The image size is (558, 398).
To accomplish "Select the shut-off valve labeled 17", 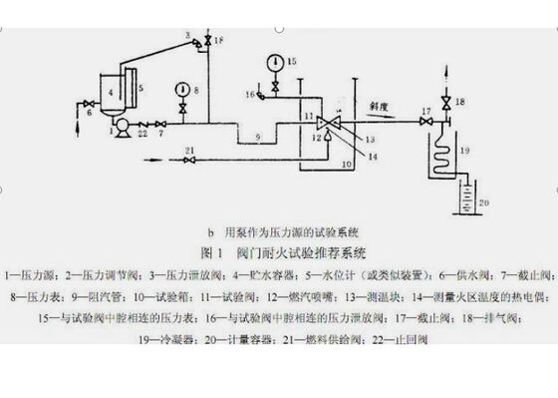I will (426, 122).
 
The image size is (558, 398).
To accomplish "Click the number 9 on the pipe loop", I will (258, 135).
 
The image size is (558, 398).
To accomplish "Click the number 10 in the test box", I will (347, 162).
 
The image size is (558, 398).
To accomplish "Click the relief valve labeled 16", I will (261, 96).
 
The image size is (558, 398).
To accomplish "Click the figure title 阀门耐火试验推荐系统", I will (310, 253).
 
